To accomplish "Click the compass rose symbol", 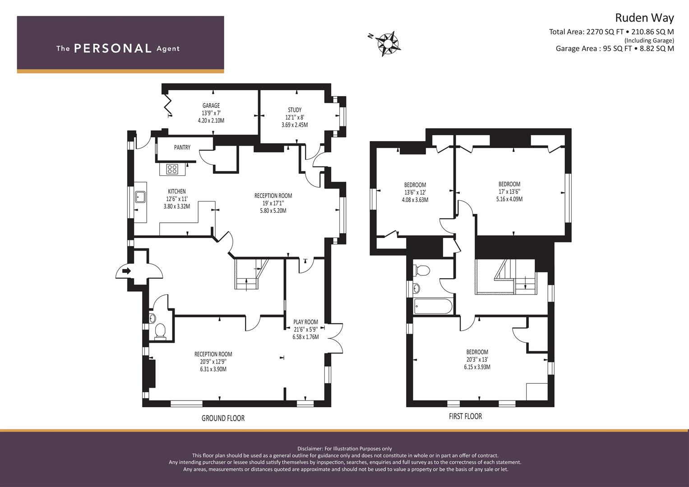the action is point(388,44).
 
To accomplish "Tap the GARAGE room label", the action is point(211,106).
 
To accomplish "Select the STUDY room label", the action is point(295,110).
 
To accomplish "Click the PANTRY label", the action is point(182,147).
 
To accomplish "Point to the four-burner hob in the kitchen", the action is point(172,169).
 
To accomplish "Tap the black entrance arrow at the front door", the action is point(126,271).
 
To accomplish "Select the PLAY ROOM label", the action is point(305,322).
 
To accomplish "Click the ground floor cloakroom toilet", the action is point(160,332).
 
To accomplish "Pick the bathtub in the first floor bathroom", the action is point(433,306).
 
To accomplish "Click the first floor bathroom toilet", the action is point(421,271).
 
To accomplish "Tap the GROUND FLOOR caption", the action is point(223,418).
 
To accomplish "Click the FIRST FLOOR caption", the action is point(465,416).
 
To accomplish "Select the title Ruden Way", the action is point(644,18).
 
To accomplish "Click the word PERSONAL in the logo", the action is point(113,48).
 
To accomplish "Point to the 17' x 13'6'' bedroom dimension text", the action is point(509,192).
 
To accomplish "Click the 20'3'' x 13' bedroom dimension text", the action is point(477,359).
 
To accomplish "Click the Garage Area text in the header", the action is point(615,49).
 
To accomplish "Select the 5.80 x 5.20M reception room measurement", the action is point(273,211).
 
